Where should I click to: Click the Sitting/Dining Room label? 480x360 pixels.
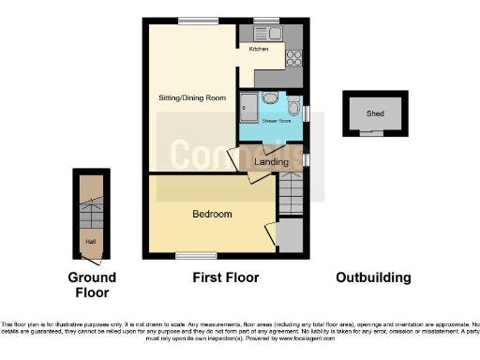pos(190,97)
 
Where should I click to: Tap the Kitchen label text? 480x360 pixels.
pos(259,49)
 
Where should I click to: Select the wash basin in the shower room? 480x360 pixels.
pos(269,97)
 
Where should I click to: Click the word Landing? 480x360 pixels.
pos(271,162)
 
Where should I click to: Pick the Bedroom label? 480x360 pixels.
pos(212,214)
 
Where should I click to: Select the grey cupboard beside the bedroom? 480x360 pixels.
pos(290,235)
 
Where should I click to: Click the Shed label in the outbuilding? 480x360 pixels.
pos(375,114)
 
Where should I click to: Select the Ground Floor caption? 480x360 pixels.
pos(92,285)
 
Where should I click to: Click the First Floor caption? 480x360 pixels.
pos(225,277)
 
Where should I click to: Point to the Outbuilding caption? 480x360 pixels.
pos(374,277)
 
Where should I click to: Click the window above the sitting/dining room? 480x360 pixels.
pos(193,20)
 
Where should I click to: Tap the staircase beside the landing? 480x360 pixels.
pos(290,198)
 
